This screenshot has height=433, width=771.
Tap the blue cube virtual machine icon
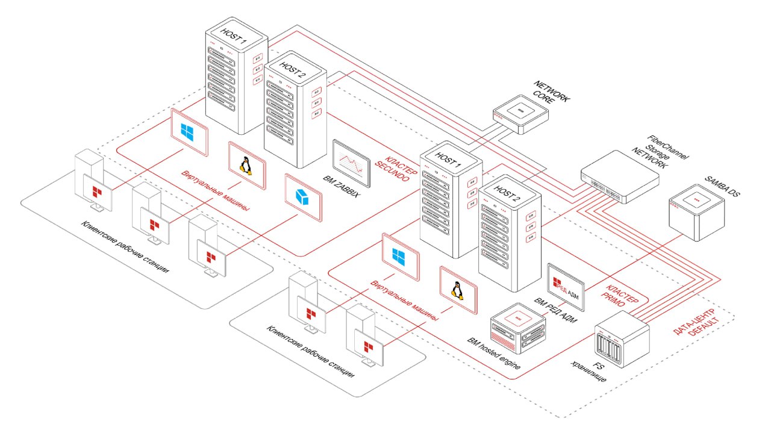click(x=303, y=194)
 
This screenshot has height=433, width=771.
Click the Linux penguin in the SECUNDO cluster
click(x=246, y=166)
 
